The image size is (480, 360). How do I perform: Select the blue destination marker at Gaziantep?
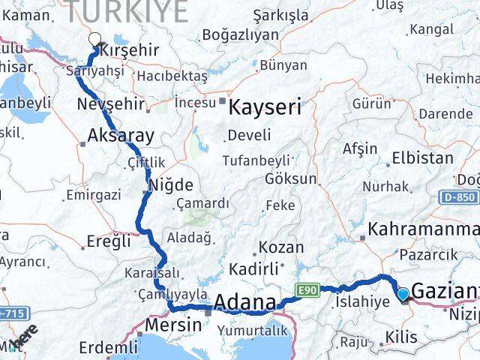point(403,295)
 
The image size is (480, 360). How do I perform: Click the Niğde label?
point(172,184)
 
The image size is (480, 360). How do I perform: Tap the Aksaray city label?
point(121,136)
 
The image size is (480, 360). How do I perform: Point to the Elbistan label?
point(424,159)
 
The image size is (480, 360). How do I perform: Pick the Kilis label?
point(403,338)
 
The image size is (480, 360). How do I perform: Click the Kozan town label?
point(281,247)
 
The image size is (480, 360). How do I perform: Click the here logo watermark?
point(27,335)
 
